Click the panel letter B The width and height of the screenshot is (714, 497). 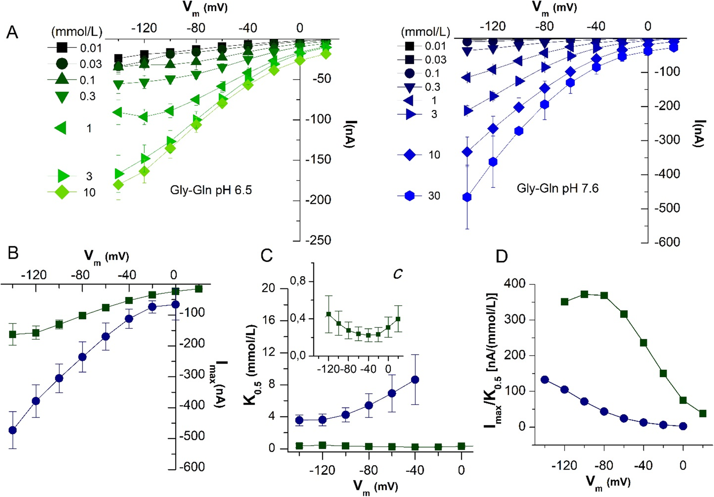[13, 253]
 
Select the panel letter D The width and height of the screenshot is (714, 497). [502, 256]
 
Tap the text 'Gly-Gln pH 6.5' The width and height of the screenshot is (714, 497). [211, 190]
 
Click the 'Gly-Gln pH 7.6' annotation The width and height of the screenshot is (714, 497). [557, 188]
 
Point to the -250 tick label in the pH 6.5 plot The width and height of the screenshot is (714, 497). [318, 240]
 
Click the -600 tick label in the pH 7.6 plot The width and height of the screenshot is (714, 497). [667, 242]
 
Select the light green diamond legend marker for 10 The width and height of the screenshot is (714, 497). [62, 192]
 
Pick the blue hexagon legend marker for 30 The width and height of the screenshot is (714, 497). [409, 196]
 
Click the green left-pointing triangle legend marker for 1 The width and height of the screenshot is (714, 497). [61, 128]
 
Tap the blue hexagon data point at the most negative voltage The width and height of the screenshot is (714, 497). [467, 197]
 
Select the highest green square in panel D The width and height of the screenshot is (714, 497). [584, 294]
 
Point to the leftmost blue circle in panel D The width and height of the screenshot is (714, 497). [545, 380]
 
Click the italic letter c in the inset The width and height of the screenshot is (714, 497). [397, 274]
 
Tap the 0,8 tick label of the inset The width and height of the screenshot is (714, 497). [298, 281]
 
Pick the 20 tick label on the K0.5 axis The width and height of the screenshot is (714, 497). [268, 288]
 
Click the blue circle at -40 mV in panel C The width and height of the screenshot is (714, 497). [415, 380]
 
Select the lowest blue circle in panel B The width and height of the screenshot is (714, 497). [13, 430]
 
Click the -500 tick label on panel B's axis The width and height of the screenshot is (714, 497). [192, 436]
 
